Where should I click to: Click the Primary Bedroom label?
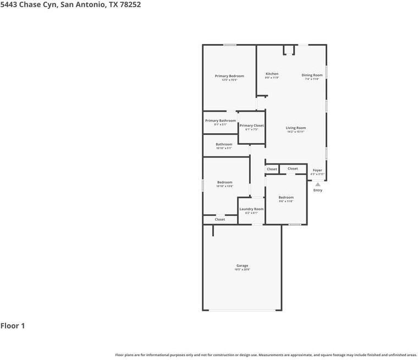[x=229, y=76]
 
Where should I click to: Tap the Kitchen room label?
[x=272, y=74]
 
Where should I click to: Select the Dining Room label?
[x=312, y=75]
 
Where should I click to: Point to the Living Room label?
[x=295, y=128]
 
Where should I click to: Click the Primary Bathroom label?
[x=220, y=121]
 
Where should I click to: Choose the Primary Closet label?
[x=251, y=126]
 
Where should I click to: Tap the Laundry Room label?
[x=251, y=209]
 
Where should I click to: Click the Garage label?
[x=242, y=265]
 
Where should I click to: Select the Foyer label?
[x=317, y=170]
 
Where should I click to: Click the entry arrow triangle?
[x=317, y=184]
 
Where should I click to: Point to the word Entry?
[x=317, y=190]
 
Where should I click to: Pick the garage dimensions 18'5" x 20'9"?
[x=242, y=270]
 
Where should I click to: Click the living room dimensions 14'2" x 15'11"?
[x=295, y=132]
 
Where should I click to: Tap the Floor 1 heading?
[x=13, y=326]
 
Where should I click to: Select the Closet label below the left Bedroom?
[x=219, y=220]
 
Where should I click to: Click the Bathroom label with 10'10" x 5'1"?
[x=223, y=144]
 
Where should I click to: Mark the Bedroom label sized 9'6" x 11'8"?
[x=285, y=197]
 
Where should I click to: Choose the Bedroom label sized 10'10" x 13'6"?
[x=224, y=182]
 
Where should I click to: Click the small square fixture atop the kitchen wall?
[x=289, y=50]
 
